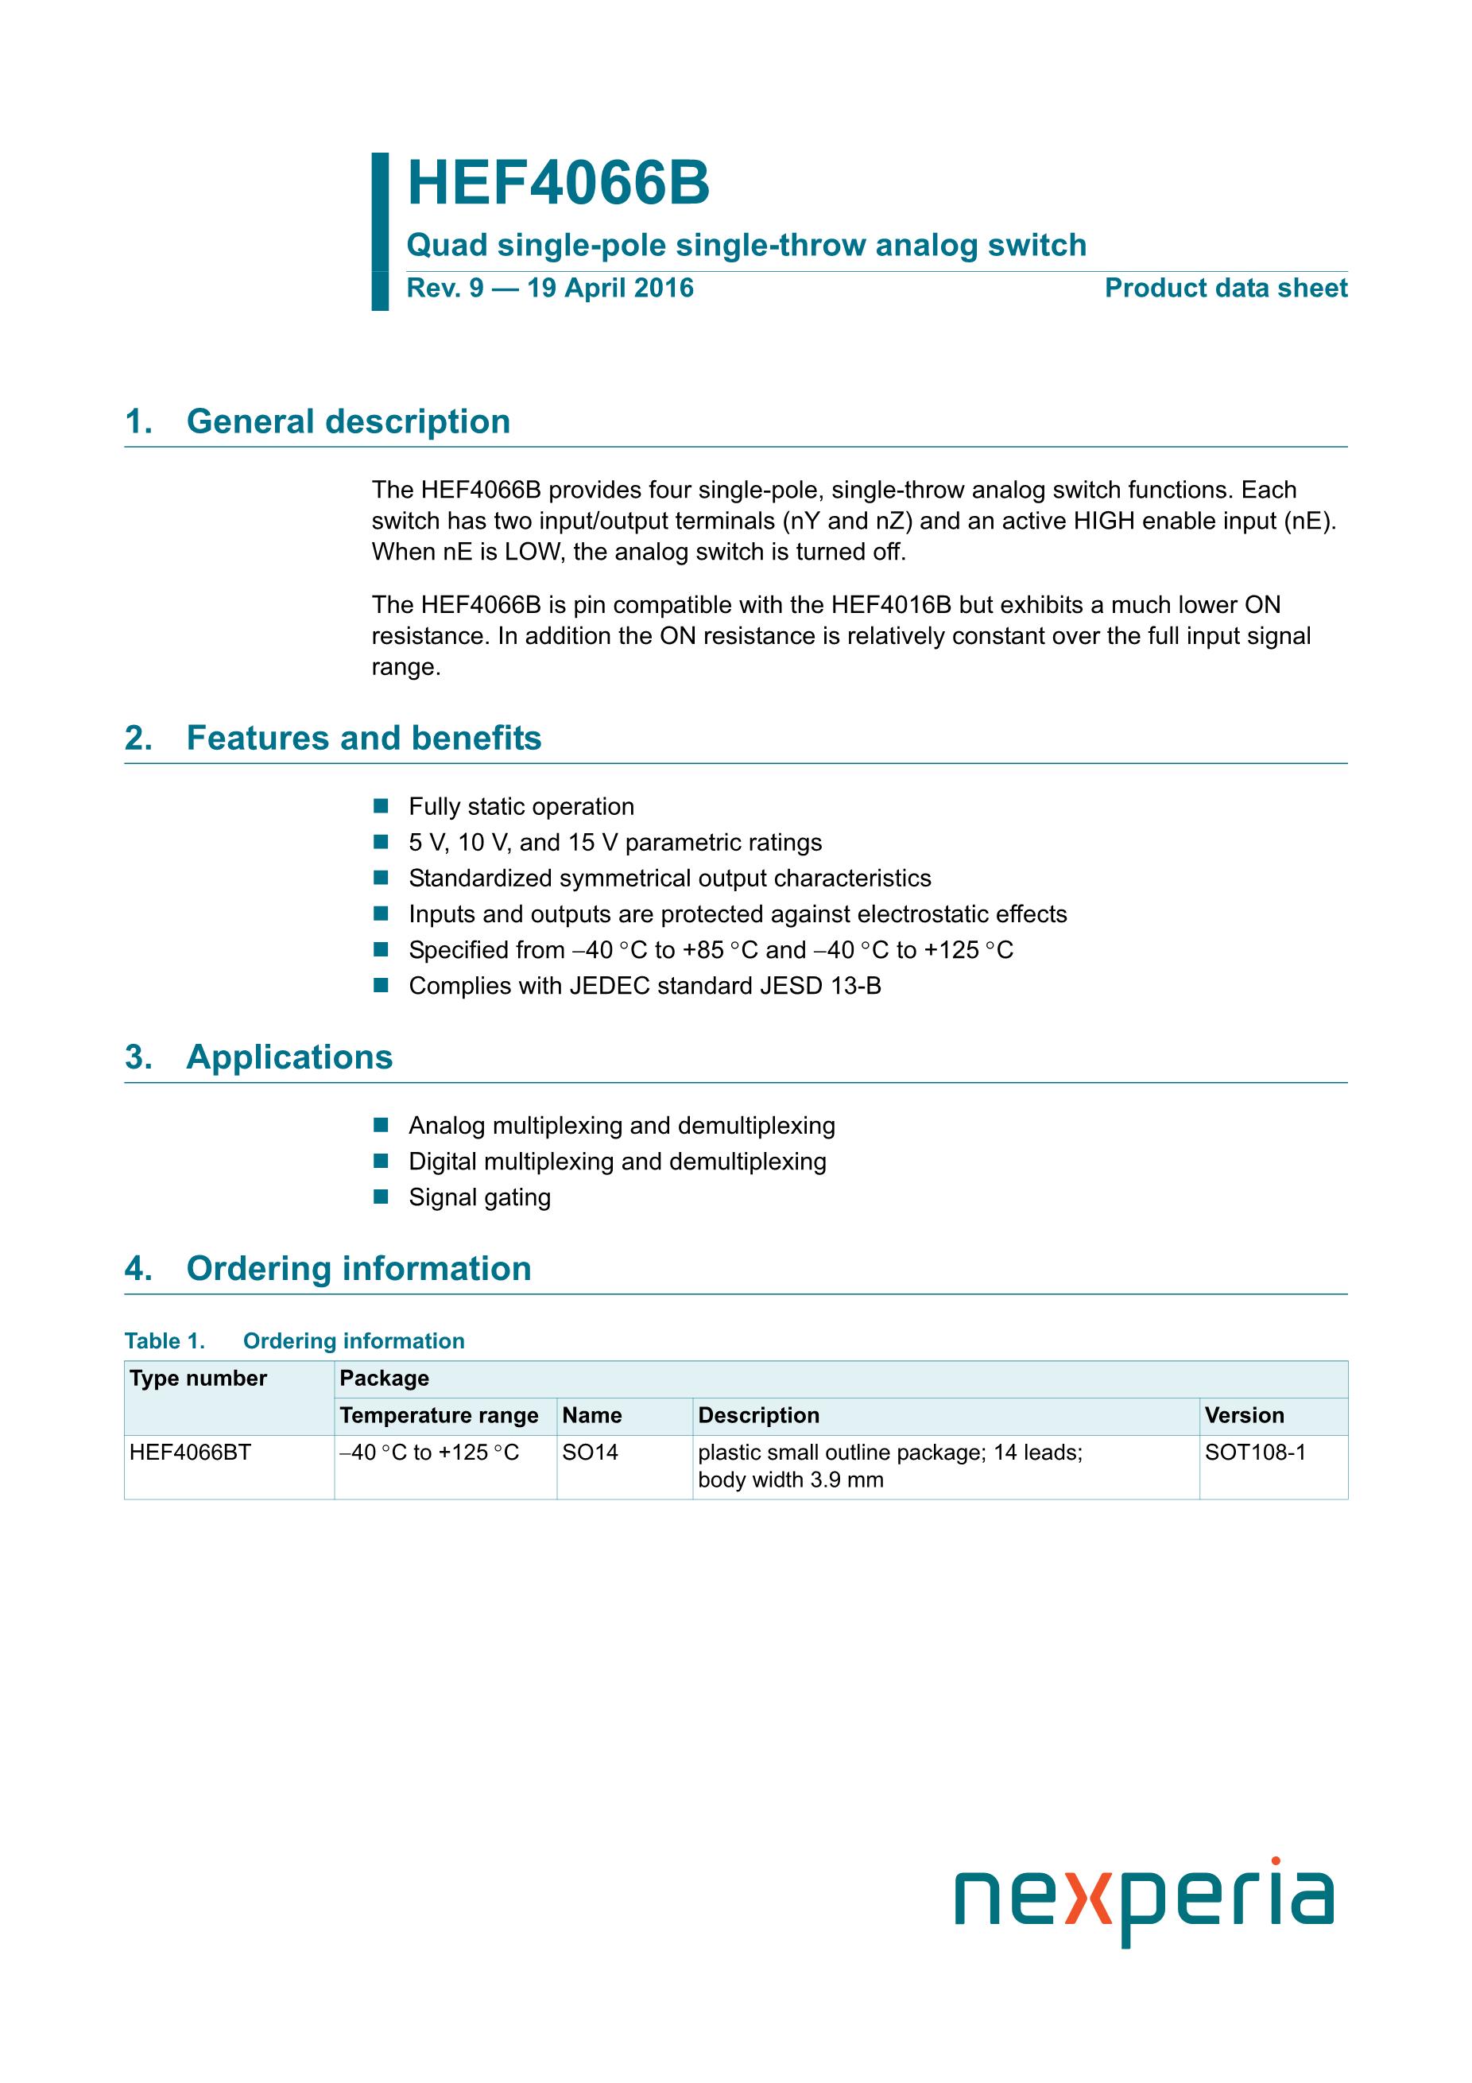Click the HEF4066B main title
[558, 184]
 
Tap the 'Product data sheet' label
[1226, 289]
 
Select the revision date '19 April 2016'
[610, 289]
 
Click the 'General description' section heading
[347, 422]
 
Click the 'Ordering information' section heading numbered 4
[358, 1269]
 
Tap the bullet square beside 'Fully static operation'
[381, 805]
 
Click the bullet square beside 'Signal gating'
[381, 1197]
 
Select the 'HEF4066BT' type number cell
[191, 1453]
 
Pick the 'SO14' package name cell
[591, 1453]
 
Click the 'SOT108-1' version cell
[1255, 1453]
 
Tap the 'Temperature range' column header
[439, 1415]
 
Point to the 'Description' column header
[758, 1415]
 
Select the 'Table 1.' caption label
[165, 1341]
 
